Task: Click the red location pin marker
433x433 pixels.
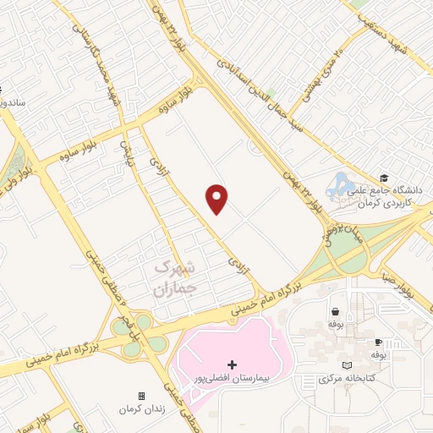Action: tap(217, 198)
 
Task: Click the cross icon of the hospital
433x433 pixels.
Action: tap(233, 364)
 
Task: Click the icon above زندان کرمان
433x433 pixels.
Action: tap(141, 396)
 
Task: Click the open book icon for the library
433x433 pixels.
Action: tap(346, 364)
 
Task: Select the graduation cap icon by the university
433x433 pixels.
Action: tap(385, 178)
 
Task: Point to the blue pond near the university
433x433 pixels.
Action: tap(342, 183)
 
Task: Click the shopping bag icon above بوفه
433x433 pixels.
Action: tap(336, 310)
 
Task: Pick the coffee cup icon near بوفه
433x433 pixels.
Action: tap(378, 342)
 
